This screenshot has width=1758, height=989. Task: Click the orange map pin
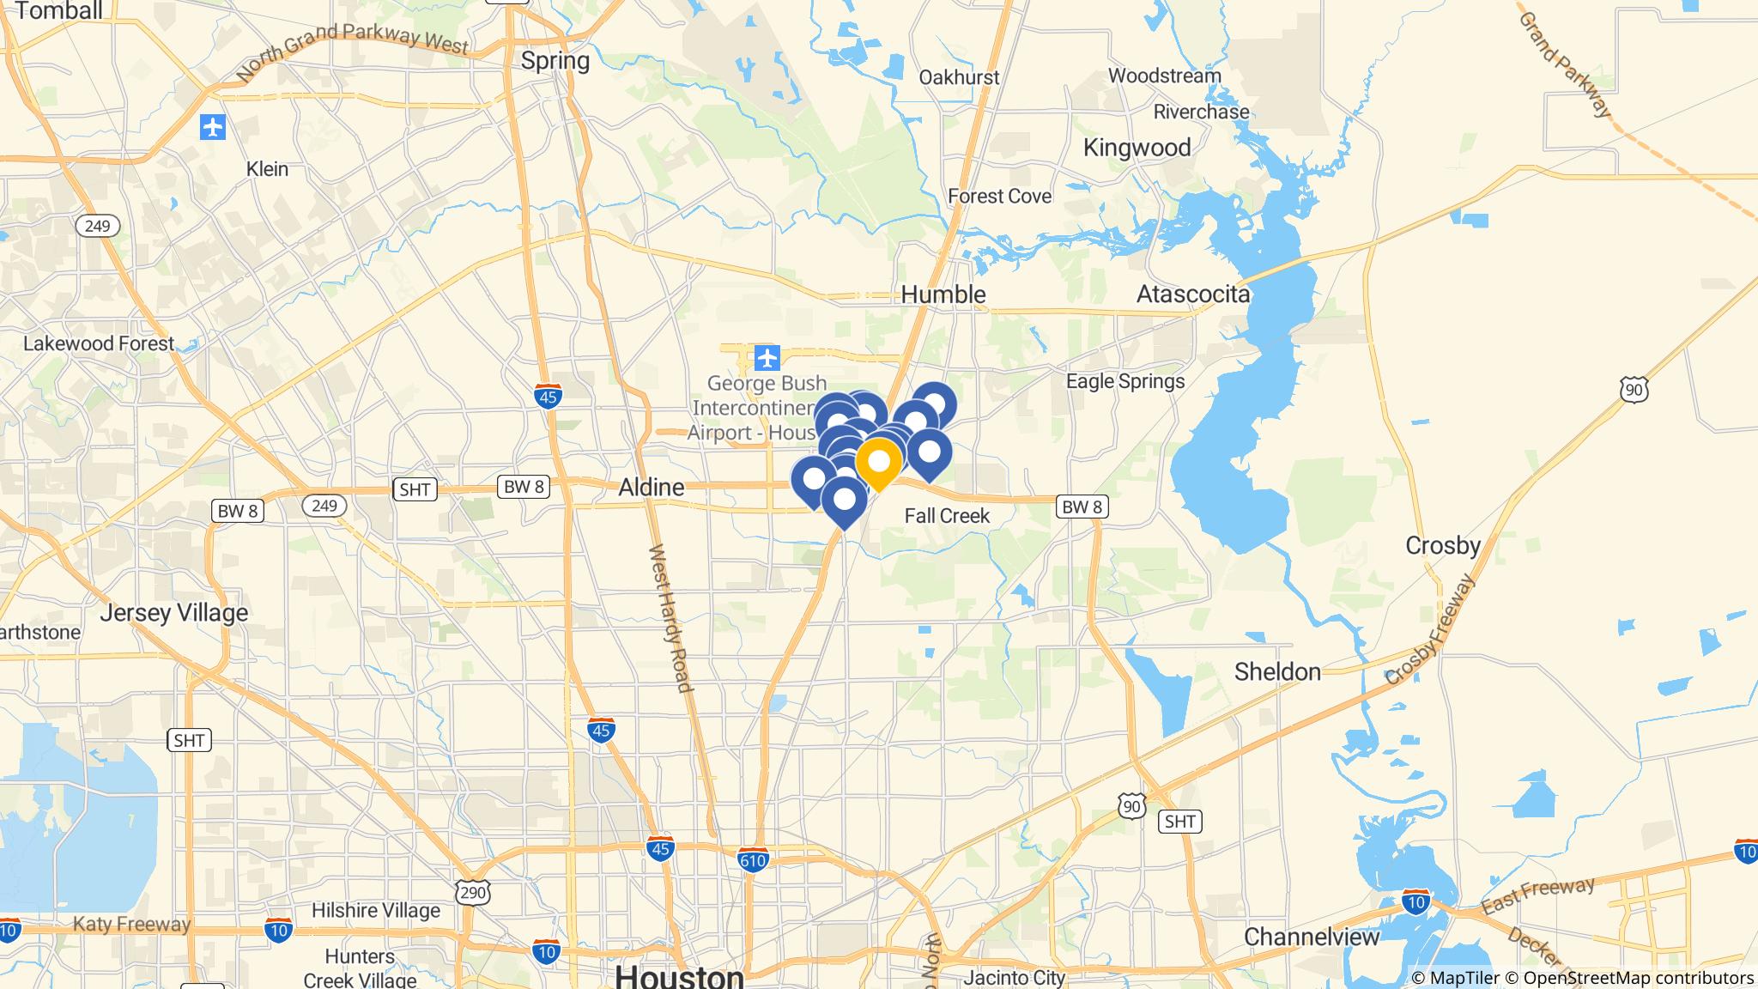878,463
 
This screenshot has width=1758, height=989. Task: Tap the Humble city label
943,294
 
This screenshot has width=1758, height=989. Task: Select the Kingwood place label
1137,148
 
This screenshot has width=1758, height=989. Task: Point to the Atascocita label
1193,294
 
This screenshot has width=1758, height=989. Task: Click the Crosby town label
1443,546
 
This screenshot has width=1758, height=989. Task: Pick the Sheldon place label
1277,671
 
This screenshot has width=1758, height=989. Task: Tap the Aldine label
652,488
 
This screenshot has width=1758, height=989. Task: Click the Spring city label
555,61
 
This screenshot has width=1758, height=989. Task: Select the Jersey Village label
174,613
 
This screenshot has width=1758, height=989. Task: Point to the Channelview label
1312,937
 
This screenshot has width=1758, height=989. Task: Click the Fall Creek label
947,516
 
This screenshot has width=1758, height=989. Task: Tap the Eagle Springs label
1125,381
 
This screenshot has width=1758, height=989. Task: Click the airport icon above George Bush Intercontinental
766,356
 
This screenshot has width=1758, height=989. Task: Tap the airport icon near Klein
213,128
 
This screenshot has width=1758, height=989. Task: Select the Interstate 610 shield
752,859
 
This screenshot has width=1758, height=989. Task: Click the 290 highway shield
473,893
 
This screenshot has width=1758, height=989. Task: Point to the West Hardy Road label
670,618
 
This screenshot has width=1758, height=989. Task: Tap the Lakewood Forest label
99,344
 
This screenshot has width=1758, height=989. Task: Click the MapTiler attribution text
1455,978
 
